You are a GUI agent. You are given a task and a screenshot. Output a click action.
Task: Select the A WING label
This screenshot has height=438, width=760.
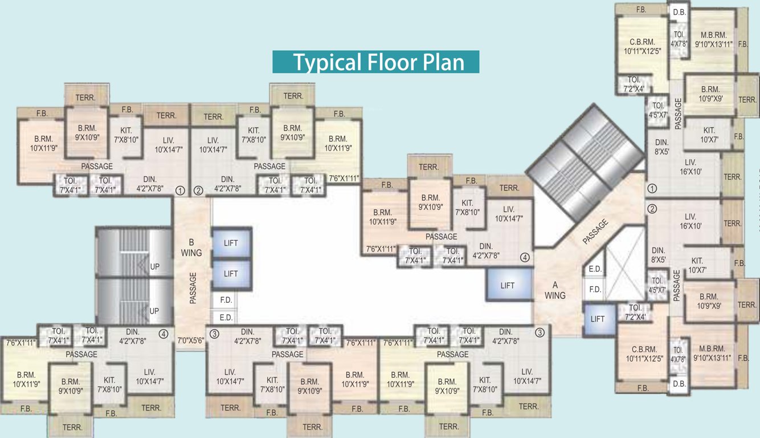(x=555, y=290)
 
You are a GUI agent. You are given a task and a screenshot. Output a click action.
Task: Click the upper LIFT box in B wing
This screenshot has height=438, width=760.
(x=231, y=243)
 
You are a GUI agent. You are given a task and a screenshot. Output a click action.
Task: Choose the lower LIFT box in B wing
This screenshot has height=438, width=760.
(x=231, y=274)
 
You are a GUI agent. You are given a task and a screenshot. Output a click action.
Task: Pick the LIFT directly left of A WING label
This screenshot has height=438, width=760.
(x=508, y=285)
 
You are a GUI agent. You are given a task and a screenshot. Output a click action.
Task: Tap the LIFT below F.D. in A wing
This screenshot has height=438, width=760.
(x=598, y=319)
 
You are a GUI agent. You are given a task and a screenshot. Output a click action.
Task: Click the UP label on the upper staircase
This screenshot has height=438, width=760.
(x=154, y=266)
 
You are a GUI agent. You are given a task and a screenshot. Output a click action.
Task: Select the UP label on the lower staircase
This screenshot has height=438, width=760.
(x=154, y=311)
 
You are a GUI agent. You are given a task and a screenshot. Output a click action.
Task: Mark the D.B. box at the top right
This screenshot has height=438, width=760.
(x=679, y=11)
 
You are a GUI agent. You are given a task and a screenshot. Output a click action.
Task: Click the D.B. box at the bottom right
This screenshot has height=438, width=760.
(x=679, y=383)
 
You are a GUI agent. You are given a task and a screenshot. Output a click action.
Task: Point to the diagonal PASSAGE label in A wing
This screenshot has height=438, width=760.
(x=596, y=232)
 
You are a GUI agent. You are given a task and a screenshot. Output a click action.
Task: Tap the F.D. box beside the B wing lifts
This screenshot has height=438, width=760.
(x=226, y=300)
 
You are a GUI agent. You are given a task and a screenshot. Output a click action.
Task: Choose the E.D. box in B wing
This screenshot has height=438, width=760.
(x=226, y=318)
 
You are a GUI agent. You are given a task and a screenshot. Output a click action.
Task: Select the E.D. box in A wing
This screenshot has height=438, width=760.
(x=595, y=269)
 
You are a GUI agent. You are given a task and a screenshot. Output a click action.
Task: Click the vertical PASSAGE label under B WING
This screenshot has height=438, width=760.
(x=193, y=287)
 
